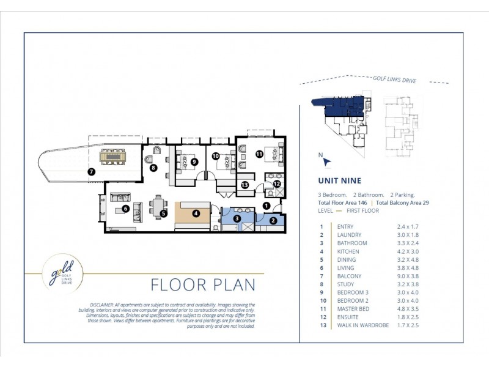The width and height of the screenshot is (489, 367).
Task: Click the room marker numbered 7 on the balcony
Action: click(x=91, y=172)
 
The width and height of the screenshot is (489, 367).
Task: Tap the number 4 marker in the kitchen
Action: click(x=196, y=213)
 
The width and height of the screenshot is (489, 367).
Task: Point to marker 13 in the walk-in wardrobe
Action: click(x=244, y=185)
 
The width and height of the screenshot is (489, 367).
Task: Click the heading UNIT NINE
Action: click(x=339, y=180)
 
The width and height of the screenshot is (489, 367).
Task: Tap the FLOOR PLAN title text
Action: click(x=204, y=285)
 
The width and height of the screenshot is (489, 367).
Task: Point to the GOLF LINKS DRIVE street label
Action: click(x=394, y=80)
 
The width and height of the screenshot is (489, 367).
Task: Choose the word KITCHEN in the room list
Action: click(x=349, y=251)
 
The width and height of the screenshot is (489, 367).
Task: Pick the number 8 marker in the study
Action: click(x=153, y=167)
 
